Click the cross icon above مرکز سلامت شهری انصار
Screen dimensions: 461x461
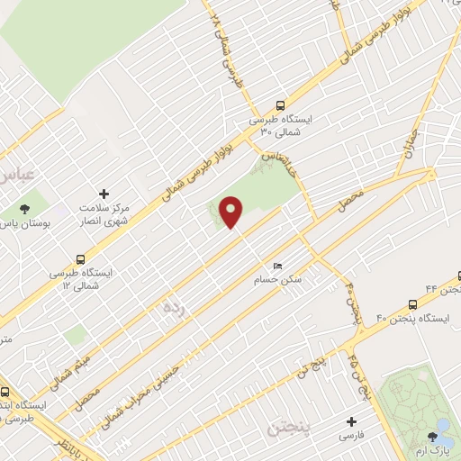(104, 194)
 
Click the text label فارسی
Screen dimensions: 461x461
(351, 435)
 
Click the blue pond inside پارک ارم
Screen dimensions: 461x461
(444, 422)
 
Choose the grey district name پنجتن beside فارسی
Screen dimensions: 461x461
(288, 424)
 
